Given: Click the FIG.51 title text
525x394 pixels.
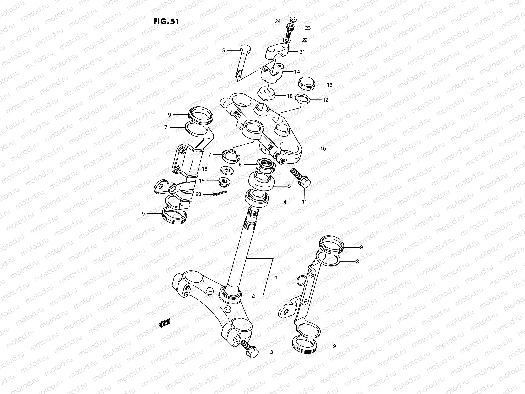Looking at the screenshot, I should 166,22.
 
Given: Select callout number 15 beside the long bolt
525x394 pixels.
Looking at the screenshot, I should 222,50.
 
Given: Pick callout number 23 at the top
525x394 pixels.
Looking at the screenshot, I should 308,28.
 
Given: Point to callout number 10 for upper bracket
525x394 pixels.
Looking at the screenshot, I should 323,149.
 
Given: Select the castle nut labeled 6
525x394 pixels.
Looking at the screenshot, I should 265,164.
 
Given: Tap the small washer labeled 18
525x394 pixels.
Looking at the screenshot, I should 226,169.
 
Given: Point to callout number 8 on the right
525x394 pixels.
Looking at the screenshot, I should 357,262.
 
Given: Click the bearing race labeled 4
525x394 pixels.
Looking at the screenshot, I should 258,198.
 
